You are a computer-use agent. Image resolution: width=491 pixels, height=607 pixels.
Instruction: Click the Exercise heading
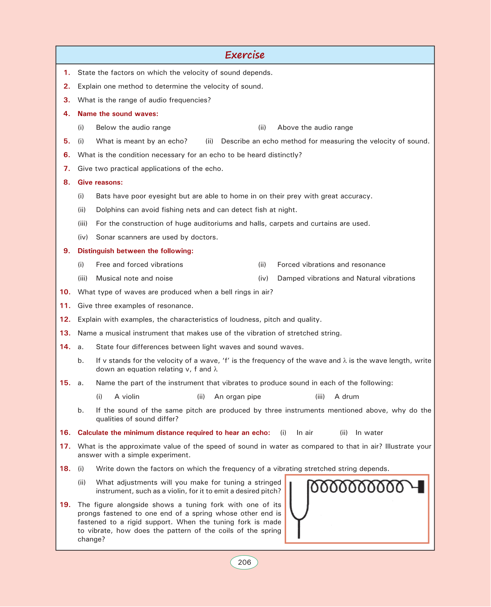[245, 55]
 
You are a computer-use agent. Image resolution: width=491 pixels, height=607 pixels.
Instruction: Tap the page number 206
[244, 562]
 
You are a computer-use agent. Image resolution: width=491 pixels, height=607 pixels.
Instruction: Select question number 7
[67, 168]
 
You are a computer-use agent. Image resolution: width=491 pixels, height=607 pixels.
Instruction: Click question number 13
[65, 333]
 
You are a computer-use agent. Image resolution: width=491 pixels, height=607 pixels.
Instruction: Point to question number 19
[65, 505]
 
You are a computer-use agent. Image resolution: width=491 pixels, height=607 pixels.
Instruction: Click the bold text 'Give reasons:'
[100, 182]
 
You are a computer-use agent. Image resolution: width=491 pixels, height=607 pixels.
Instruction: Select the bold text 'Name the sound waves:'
[118, 114]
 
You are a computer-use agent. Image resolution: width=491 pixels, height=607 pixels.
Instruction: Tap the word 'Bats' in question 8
[103, 196]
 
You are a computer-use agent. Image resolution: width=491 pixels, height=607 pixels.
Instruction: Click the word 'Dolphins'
[109, 210]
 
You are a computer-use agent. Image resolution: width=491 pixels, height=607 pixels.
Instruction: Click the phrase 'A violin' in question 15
[127, 397]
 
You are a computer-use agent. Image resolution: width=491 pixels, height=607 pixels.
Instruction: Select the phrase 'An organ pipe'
[238, 397]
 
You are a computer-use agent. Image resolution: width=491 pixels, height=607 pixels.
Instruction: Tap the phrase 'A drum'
[347, 397]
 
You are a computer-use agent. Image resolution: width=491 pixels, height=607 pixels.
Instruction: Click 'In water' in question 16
[369, 433]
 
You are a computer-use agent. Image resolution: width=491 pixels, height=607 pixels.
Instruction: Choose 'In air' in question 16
[305, 433]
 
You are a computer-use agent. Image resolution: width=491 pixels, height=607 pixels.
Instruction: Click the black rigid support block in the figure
[421, 487]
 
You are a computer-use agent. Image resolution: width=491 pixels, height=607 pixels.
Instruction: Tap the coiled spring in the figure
[356, 487]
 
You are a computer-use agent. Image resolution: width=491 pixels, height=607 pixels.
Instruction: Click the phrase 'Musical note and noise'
[134, 278]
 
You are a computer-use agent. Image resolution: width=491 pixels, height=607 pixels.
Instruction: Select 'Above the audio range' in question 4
[315, 128]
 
